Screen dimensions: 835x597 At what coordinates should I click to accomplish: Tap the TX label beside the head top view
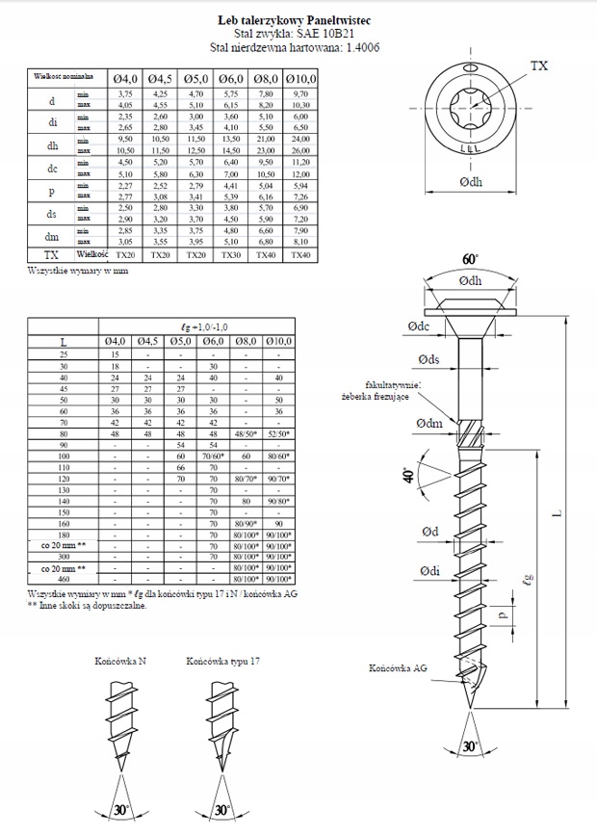click(x=538, y=65)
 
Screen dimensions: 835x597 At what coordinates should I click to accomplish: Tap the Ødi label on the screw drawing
click(x=430, y=571)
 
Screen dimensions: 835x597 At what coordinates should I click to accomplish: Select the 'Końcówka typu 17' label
click(x=222, y=663)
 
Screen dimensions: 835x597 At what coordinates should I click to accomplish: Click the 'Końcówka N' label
click(x=120, y=663)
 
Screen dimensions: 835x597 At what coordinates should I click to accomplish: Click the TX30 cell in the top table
click(x=231, y=255)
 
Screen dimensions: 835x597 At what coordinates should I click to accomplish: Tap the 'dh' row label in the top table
click(x=51, y=145)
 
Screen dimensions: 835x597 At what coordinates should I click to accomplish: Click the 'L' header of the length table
click(x=63, y=342)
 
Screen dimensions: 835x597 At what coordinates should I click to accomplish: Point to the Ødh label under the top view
click(x=470, y=181)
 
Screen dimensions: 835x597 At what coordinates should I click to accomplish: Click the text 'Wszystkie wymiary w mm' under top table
click(x=79, y=271)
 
